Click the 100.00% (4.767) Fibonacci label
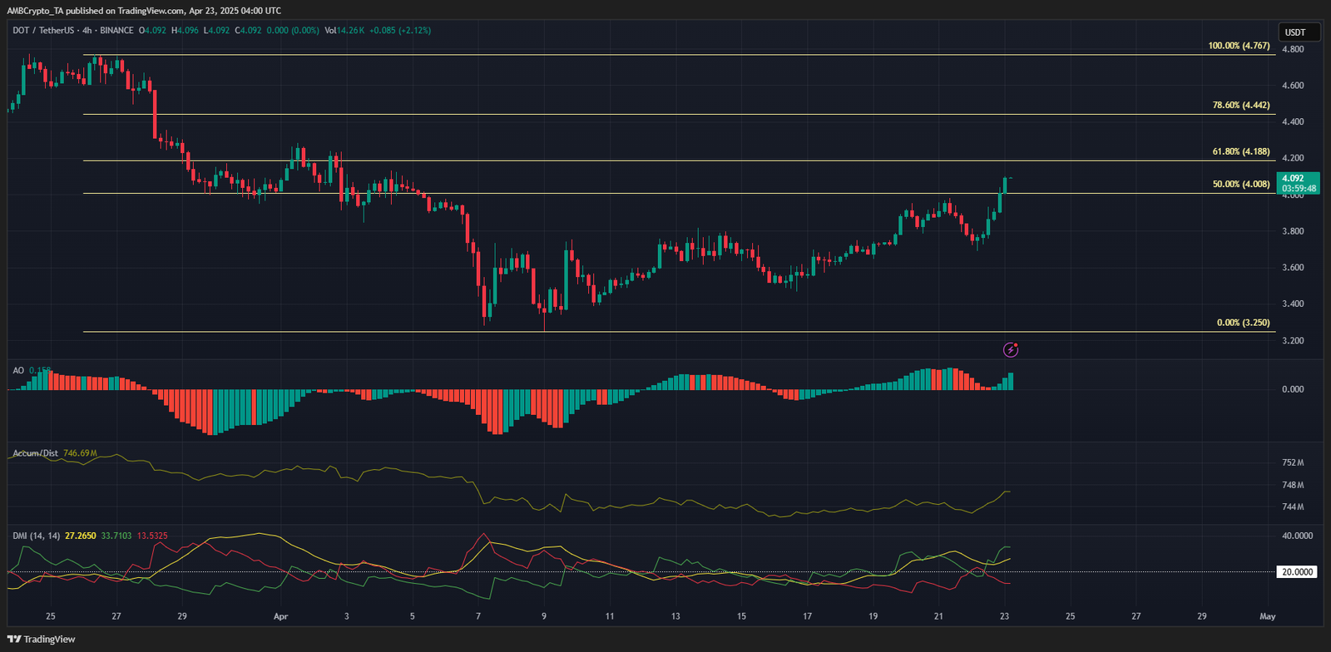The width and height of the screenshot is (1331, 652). (x=1239, y=46)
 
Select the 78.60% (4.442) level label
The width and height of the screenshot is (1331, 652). (x=1240, y=106)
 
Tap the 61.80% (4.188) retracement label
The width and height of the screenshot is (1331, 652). (x=1240, y=152)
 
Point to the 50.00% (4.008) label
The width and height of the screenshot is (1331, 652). (x=1240, y=185)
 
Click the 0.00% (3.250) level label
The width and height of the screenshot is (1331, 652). (x=1243, y=323)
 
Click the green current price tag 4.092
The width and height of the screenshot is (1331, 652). (x=1298, y=183)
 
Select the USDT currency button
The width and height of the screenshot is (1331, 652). (x=1295, y=32)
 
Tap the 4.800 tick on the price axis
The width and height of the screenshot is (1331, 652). (x=1293, y=49)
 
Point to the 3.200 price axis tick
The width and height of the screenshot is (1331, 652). (x=1293, y=341)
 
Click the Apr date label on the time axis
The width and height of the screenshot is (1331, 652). (x=280, y=616)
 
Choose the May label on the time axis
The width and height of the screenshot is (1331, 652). (x=1267, y=616)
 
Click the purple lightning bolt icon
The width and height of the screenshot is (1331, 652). (x=1011, y=349)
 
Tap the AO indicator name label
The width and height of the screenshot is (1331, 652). (x=18, y=370)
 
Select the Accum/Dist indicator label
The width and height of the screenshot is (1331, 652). (x=35, y=453)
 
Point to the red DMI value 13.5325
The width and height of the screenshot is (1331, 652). (x=152, y=536)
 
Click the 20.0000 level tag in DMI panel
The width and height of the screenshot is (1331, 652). (x=1297, y=572)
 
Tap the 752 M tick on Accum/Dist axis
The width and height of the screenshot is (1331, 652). (x=1293, y=462)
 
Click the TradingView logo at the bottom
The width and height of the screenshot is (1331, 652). (x=42, y=639)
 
